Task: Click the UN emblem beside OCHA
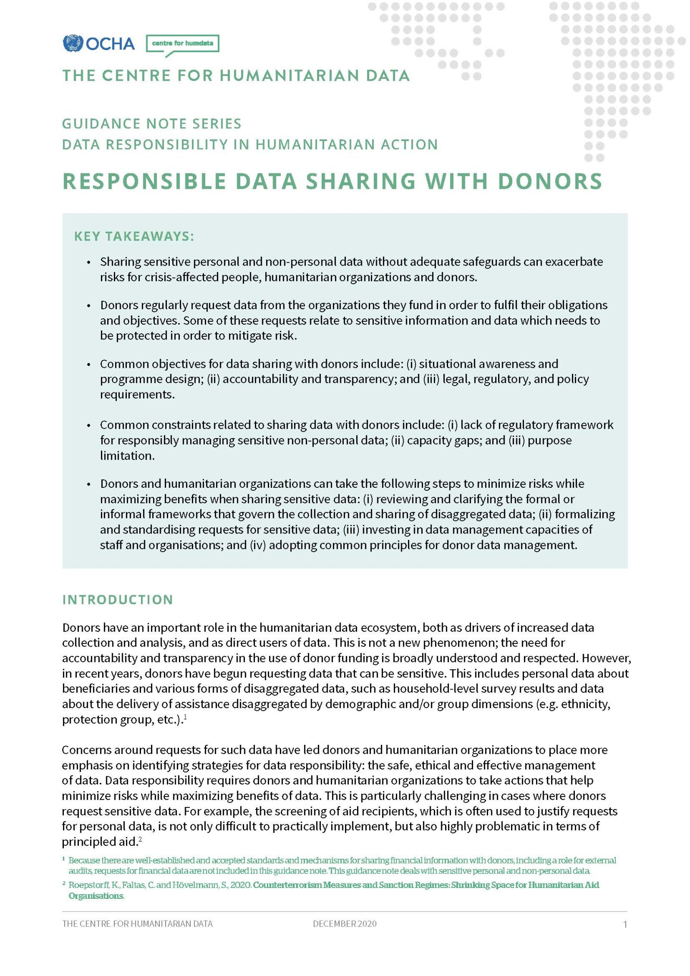[x=72, y=44]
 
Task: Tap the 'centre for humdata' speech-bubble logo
[x=182, y=44]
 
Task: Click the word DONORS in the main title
[x=550, y=181]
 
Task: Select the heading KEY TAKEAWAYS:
[x=134, y=236]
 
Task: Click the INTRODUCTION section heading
[x=117, y=599]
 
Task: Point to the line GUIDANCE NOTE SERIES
[x=151, y=124]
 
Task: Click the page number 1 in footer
[x=625, y=924]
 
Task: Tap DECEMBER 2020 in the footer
[x=345, y=924]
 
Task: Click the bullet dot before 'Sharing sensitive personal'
[x=89, y=263]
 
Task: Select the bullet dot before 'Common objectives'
[x=89, y=364]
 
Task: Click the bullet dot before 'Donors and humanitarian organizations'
[x=89, y=484]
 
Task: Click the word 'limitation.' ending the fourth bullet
[x=127, y=456]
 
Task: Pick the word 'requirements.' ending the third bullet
[x=137, y=395]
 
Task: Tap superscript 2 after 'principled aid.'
[x=140, y=839]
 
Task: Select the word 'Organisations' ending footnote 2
[x=96, y=896]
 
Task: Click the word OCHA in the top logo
[x=110, y=44]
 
